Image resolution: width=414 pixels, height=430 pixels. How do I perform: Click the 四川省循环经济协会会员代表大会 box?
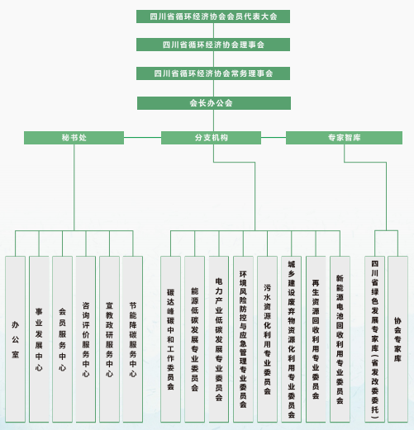pyautogui.click(x=213, y=17)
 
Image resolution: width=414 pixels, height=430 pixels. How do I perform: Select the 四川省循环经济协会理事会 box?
pyautogui.click(x=213, y=45)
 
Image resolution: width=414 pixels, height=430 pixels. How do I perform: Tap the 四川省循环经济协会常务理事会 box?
pyautogui.click(x=213, y=73)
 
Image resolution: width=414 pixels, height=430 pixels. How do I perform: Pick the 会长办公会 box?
pyautogui.click(x=214, y=103)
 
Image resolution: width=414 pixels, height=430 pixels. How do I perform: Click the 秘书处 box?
pyautogui.click(x=74, y=138)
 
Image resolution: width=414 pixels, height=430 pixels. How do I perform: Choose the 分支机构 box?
pyautogui.click(x=211, y=138)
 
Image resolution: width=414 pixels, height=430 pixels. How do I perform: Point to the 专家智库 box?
pyautogui.click(x=344, y=138)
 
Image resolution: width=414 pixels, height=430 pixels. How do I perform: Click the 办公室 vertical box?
pyautogui.click(x=16, y=339)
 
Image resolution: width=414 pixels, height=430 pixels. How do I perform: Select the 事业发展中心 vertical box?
pyautogui.click(x=39, y=339)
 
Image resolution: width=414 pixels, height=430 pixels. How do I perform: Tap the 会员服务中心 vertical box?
pyautogui.click(x=62, y=339)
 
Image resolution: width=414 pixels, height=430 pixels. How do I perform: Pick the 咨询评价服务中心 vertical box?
pyautogui.click(x=86, y=339)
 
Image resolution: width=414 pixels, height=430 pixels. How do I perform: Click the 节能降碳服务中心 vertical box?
pyautogui.click(x=133, y=339)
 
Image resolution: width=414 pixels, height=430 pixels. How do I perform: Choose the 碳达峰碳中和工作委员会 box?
pyautogui.click(x=170, y=339)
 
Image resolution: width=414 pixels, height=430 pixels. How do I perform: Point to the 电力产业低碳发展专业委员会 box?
pyautogui.click(x=219, y=339)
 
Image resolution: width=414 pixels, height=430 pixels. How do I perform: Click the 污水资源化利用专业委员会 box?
pyautogui.click(x=267, y=339)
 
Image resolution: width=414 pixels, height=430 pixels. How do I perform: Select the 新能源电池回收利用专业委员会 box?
pyautogui.click(x=340, y=339)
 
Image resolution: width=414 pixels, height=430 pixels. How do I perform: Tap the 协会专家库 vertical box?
pyautogui.click(x=397, y=339)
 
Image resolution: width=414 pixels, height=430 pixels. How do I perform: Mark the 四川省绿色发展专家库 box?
pyautogui.click(x=374, y=339)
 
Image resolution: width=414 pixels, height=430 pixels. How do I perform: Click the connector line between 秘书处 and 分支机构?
pyautogui.click(x=142, y=137)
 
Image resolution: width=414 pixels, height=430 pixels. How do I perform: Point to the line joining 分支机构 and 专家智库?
pyautogui.click(x=274, y=137)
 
